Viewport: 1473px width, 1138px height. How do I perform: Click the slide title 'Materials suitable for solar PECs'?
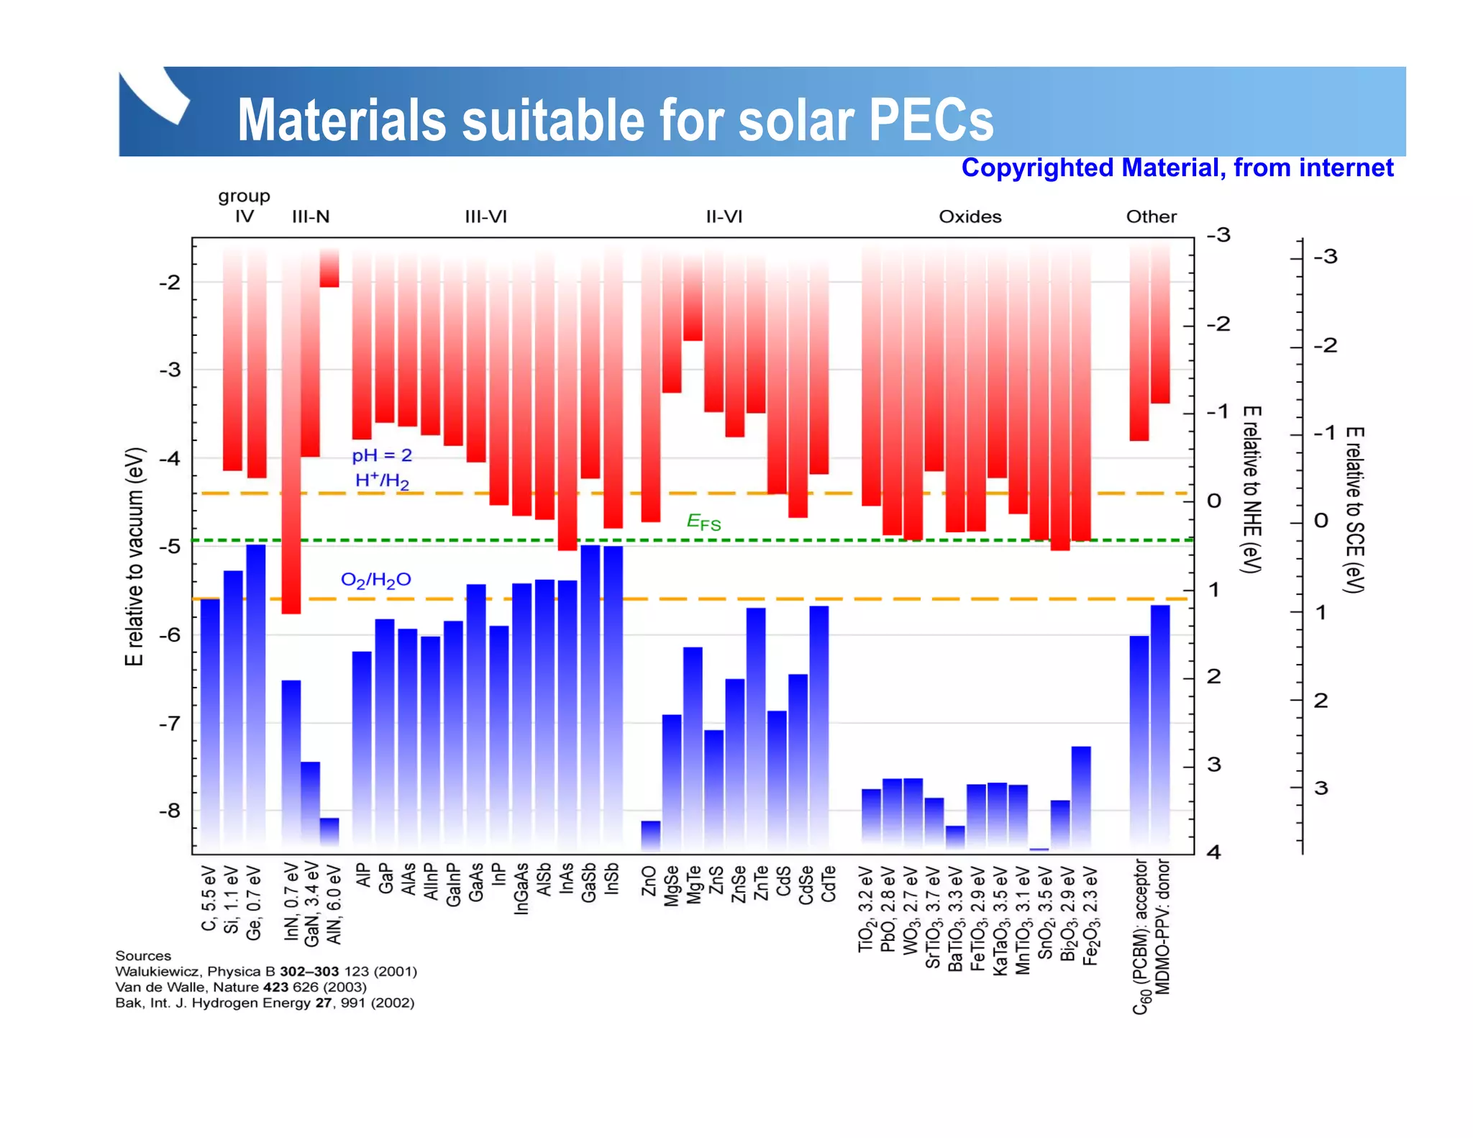(x=615, y=119)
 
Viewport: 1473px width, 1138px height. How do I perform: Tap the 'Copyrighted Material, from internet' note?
(x=1177, y=168)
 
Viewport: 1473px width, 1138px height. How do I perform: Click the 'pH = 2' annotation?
(x=382, y=455)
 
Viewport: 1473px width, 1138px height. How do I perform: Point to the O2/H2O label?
(x=375, y=580)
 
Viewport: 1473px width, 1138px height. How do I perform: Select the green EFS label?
(x=703, y=522)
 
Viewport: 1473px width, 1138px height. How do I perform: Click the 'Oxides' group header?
(x=970, y=217)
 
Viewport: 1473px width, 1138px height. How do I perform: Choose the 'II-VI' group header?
(x=724, y=217)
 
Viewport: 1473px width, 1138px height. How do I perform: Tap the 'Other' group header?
(x=1151, y=217)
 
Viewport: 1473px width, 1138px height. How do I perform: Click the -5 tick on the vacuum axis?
(x=170, y=547)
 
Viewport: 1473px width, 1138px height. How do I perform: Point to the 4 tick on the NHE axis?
(x=1214, y=852)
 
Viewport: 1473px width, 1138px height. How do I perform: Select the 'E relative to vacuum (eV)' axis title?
(x=134, y=557)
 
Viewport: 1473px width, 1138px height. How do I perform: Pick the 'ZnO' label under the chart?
(x=649, y=881)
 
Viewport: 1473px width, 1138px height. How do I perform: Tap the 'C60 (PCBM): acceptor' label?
(x=1141, y=936)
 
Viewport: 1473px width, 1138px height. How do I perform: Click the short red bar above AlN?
(x=329, y=268)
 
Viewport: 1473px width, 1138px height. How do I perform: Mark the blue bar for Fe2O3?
(x=1081, y=796)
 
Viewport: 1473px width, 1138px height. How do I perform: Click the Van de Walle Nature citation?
(x=241, y=987)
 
